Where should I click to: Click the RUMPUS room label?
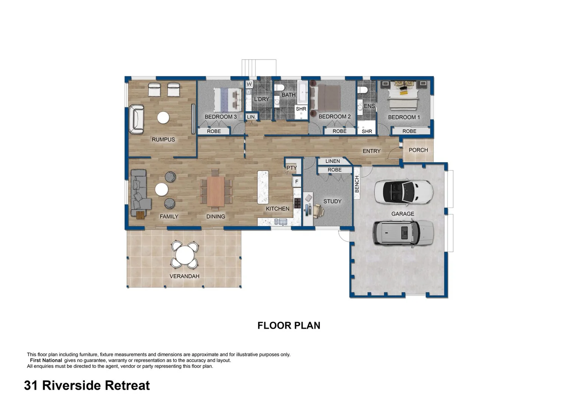coord(163,139)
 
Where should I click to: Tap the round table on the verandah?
coord(184,255)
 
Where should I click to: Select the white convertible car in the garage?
coord(403,192)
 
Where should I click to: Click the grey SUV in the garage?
coord(403,233)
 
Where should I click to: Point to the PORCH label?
coord(418,150)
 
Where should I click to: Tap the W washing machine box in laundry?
coord(249,84)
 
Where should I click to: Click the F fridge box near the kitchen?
coord(297,182)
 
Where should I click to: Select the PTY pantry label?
coord(291,168)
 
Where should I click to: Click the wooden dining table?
coord(216,192)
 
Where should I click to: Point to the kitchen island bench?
coord(263,187)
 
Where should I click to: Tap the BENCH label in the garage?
coord(357,184)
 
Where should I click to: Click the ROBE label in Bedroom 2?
coord(339,131)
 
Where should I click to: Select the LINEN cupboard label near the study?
coord(332,161)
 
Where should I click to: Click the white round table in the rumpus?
coord(163,118)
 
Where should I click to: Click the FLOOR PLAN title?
coord(289,325)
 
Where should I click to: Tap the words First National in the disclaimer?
coord(46,361)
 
